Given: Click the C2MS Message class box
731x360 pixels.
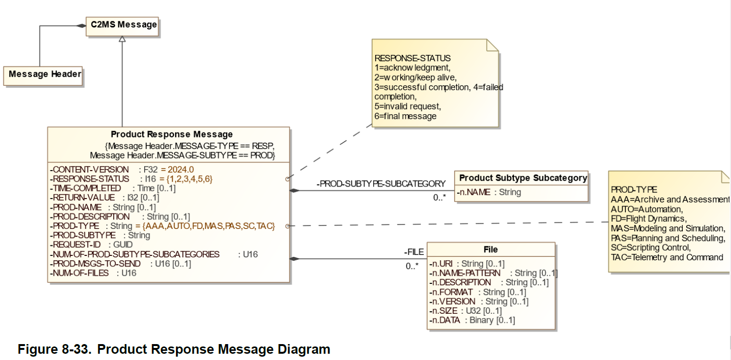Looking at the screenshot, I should (x=122, y=25).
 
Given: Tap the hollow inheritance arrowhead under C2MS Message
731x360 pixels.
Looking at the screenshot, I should (x=122, y=39).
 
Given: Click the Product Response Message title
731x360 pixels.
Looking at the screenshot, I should (x=172, y=134).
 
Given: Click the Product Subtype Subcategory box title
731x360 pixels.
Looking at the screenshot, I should (x=523, y=178).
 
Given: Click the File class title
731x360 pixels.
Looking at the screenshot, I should (x=490, y=250).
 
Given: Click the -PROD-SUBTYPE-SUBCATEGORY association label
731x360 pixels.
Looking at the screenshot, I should (x=380, y=184).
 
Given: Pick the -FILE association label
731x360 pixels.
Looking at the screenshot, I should (x=414, y=252).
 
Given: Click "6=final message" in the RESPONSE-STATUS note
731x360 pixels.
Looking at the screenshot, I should (x=406, y=116).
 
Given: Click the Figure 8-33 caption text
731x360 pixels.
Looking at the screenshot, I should (x=174, y=349).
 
